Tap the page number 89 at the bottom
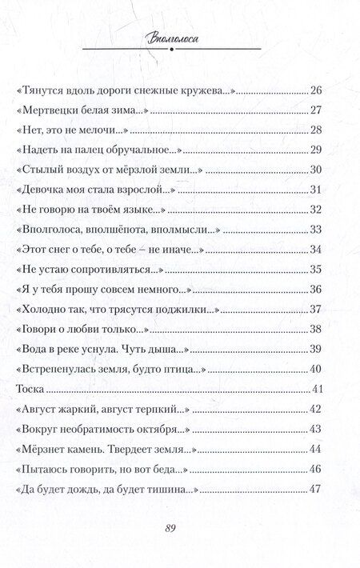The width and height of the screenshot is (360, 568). point(180,528)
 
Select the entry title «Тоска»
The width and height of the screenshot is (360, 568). point(30,390)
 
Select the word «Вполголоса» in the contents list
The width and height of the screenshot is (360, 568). point(53,230)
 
